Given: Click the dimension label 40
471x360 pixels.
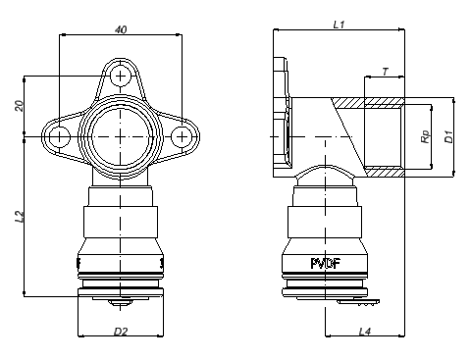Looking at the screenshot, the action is point(121,29).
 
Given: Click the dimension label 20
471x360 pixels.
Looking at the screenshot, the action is point(20,106).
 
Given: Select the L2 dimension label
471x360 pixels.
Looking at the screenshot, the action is point(20,217).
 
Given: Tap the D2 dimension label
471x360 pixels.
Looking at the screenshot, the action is point(121,332).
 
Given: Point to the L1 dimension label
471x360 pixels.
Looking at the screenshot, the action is point(339,25).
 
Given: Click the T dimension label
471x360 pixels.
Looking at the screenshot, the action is point(385,72).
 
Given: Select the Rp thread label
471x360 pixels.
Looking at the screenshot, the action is point(425,136).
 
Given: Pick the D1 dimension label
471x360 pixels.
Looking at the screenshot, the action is point(448,136).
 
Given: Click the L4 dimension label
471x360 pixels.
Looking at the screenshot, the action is point(365,332).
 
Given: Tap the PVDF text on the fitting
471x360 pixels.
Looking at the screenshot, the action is point(326,263).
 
